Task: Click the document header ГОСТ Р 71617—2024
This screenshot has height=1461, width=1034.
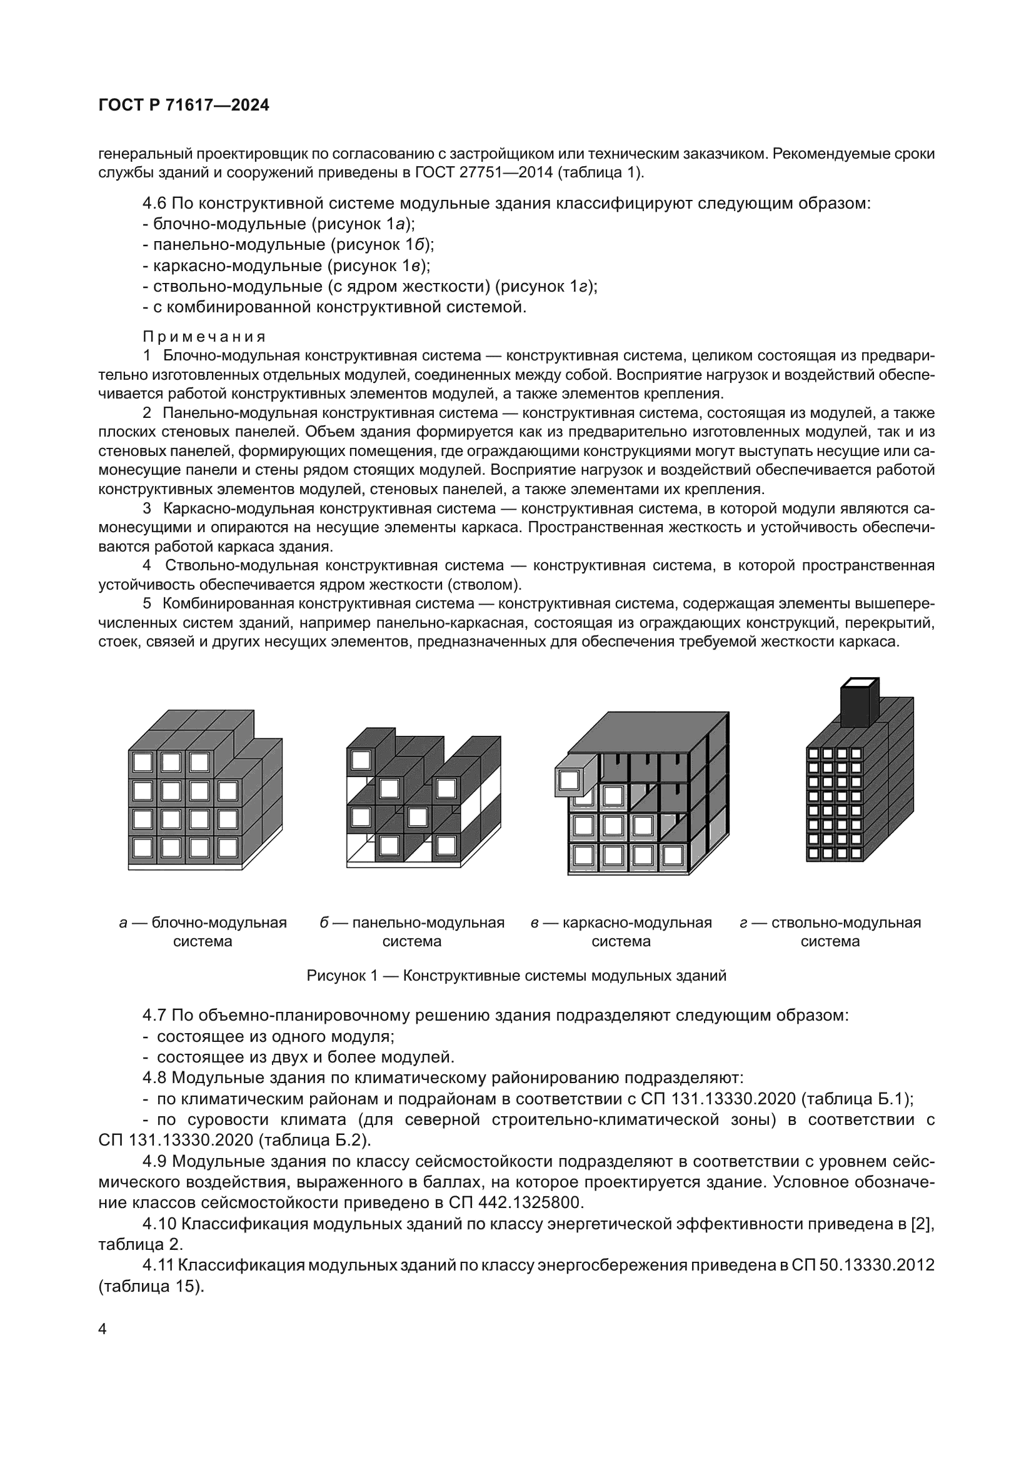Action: pyautogui.click(x=184, y=106)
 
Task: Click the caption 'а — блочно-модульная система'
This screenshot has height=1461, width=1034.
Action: pyautogui.click(x=203, y=931)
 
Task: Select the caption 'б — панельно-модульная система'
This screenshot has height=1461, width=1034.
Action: pyautogui.click(x=412, y=931)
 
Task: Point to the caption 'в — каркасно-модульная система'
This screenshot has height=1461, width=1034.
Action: pyautogui.click(x=621, y=931)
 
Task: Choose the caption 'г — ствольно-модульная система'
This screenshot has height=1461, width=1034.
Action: pyautogui.click(x=830, y=931)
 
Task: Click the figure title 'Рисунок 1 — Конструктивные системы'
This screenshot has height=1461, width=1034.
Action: pyautogui.click(x=516, y=976)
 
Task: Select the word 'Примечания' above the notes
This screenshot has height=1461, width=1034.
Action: pyautogui.click(x=204, y=336)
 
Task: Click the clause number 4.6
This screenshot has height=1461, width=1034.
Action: pyautogui.click(x=154, y=204)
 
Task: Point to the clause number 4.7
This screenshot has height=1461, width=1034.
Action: pyautogui.click(x=154, y=1014)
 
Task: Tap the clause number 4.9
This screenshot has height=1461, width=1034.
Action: pyautogui.click(x=154, y=1161)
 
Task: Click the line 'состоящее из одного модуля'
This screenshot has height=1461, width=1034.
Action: pyautogui.click(x=275, y=1036)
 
